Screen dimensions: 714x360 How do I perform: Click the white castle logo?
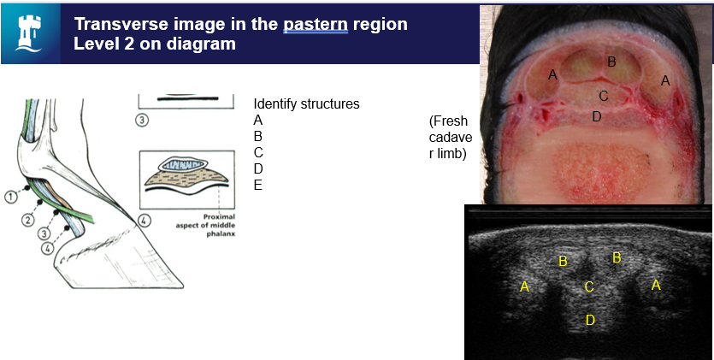(29, 32)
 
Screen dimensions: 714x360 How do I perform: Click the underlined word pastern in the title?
(316, 24)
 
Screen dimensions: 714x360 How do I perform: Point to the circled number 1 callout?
(11, 197)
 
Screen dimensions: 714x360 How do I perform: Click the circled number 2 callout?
(28, 221)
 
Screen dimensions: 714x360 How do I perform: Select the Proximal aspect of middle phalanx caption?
(206, 225)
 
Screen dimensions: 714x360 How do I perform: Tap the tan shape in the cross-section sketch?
(186, 178)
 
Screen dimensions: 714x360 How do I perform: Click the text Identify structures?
(306, 103)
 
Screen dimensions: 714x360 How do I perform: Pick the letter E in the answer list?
(257, 186)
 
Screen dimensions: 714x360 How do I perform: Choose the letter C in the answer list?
(258, 152)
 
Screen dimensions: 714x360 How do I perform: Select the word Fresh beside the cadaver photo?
(449, 121)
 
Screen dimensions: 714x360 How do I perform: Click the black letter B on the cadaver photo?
(612, 62)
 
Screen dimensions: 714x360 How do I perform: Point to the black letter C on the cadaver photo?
(604, 96)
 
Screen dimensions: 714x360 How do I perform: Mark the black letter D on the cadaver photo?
(597, 117)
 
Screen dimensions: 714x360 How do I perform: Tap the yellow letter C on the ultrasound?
(589, 286)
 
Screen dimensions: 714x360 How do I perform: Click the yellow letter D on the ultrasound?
(590, 321)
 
